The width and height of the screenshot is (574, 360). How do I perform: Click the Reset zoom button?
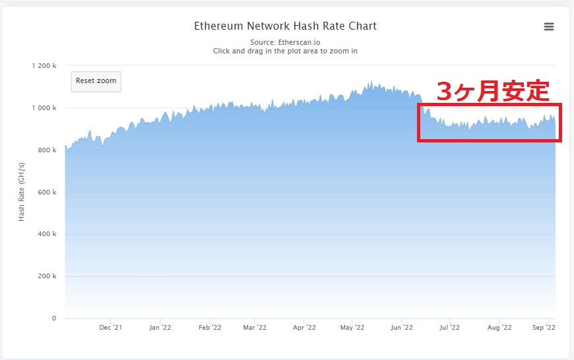[96, 81]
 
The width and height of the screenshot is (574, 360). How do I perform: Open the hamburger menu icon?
[549, 27]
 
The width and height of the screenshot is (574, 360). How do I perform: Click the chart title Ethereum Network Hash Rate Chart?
[285, 26]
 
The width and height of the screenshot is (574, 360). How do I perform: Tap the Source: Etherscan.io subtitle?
[285, 42]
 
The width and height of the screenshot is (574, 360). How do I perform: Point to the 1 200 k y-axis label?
[44, 66]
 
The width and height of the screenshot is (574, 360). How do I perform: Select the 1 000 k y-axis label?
[44, 108]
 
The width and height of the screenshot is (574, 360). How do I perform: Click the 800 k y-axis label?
[48, 150]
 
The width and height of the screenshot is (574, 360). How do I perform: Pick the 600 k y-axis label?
[48, 193]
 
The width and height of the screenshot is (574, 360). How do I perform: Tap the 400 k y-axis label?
[48, 234]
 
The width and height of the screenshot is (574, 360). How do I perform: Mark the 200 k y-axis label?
[48, 276]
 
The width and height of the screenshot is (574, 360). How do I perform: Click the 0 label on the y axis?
[54, 318]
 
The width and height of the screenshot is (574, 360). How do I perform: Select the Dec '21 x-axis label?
[110, 327]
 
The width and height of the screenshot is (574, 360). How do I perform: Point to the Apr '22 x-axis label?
[303, 327]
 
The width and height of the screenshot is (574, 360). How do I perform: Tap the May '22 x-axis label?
[352, 327]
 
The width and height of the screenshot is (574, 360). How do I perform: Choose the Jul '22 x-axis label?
[449, 327]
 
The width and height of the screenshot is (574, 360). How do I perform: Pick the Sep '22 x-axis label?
[544, 327]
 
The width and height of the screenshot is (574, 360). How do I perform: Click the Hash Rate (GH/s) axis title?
[22, 192]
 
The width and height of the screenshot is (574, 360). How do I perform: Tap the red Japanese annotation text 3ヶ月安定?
[493, 91]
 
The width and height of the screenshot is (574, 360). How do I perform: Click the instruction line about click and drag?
[285, 51]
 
